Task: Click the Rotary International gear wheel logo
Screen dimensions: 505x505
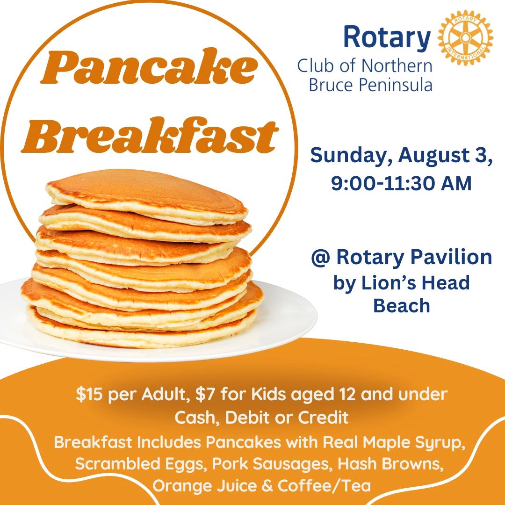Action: [x=465, y=38]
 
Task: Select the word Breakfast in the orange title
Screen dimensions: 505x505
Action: [x=150, y=135]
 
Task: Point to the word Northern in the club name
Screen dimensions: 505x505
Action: [x=397, y=66]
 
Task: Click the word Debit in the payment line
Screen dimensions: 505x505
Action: [x=247, y=418]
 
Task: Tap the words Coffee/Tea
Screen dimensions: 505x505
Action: [x=324, y=486]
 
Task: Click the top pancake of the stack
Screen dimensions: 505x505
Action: [x=146, y=196]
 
